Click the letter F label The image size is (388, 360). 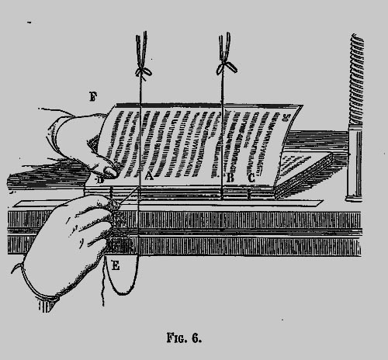point(93,96)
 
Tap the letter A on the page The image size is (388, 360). point(149,176)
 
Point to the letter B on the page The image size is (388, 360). point(230,178)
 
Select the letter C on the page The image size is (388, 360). point(251,178)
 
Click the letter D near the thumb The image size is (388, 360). point(100,180)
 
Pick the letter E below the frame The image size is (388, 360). point(116,265)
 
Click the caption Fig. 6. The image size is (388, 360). point(184,337)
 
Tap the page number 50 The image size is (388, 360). point(286,118)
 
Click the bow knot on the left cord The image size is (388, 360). point(143,71)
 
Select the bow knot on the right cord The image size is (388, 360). point(227,67)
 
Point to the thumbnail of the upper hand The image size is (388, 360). point(110,171)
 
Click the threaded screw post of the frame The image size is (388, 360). point(356,79)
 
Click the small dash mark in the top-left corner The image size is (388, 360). point(29,22)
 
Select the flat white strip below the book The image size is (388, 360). point(168,203)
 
